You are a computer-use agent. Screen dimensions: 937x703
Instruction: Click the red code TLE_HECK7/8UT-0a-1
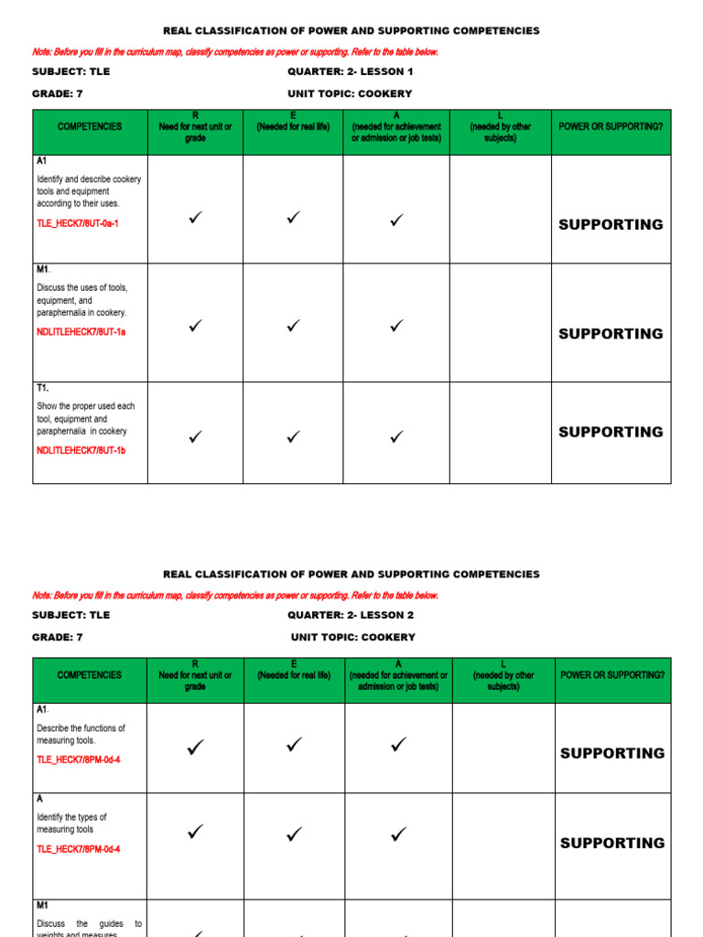click(78, 223)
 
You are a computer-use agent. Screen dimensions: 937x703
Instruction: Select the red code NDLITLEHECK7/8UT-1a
click(81, 332)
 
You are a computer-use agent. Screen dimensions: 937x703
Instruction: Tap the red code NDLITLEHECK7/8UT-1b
click(81, 450)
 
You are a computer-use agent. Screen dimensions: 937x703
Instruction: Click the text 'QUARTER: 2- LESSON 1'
click(351, 71)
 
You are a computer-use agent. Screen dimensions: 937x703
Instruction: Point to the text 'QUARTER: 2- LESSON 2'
click(351, 615)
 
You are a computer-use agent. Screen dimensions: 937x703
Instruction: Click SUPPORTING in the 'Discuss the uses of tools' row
click(611, 334)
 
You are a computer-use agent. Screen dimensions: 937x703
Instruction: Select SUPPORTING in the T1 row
click(611, 432)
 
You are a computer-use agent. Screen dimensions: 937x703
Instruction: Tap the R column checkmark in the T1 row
click(195, 437)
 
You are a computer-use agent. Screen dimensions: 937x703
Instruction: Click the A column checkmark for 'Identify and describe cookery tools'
click(396, 220)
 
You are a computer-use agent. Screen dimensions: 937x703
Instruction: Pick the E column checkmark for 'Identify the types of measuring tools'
click(294, 834)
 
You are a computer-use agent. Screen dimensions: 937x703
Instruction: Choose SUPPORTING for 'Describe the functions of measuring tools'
click(612, 753)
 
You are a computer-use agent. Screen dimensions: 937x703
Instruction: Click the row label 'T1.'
click(43, 388)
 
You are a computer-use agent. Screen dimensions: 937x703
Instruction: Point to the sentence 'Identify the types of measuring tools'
click(71, 824)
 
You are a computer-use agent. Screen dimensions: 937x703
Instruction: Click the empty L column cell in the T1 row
click(500, 433)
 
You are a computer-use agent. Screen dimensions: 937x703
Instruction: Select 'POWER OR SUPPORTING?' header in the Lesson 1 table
click(611, 126)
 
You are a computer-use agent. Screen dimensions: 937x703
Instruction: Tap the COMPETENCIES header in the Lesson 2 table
click(90, 675)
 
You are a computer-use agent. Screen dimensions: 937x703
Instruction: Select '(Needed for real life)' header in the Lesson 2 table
click(294, 675)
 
